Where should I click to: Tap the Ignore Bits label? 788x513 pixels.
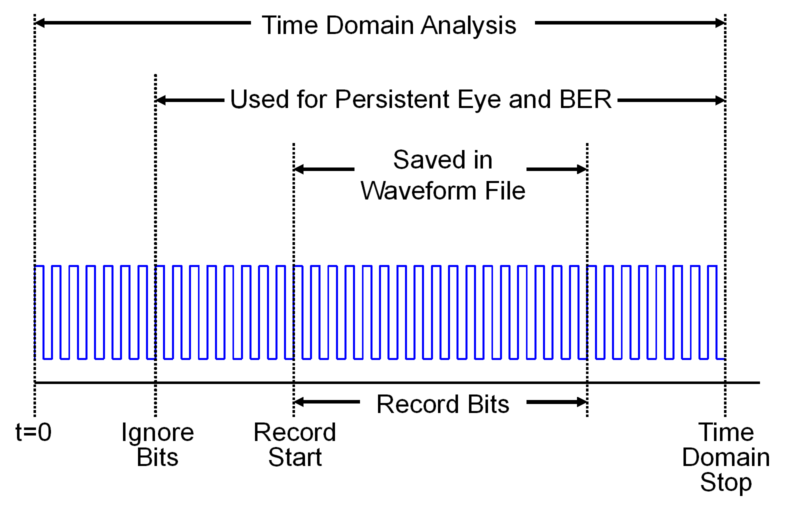[157, 444]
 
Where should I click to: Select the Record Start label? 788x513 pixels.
[295, 444]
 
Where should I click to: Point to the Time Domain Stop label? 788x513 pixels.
[725, 457]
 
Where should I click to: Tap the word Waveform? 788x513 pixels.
[418, 191]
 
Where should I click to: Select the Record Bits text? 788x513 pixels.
[443, 404]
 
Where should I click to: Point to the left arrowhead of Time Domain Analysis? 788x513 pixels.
[39, 23]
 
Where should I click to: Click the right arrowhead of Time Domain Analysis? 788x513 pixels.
[720, 23]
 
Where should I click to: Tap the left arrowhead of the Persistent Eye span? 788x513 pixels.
[160, 100]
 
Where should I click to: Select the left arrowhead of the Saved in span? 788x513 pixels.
[298, 169]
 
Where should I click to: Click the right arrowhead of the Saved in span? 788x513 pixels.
[582, 169]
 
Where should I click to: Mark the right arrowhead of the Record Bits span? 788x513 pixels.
[582, 402]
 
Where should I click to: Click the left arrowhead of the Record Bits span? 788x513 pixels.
[298, 402]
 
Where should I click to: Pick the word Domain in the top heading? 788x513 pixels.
[369, 25]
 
